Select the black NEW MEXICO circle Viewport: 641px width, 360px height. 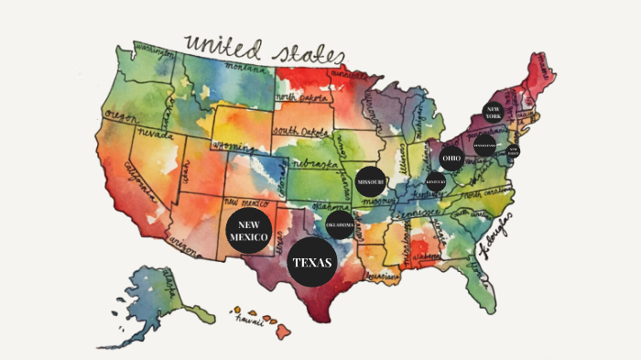click(x=247, y=232)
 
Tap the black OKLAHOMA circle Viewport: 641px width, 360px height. click(x=340, y=224)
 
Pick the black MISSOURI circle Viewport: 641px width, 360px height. click(x=371, y=182)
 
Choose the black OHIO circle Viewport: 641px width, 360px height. click(x=451, y=158)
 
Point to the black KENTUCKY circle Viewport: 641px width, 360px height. click(x=436, y=182)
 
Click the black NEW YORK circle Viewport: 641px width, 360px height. click(x=493, y=113)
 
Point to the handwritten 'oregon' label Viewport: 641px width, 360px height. click(x=121, y=114)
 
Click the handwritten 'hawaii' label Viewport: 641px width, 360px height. click(x=251, y=321)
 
